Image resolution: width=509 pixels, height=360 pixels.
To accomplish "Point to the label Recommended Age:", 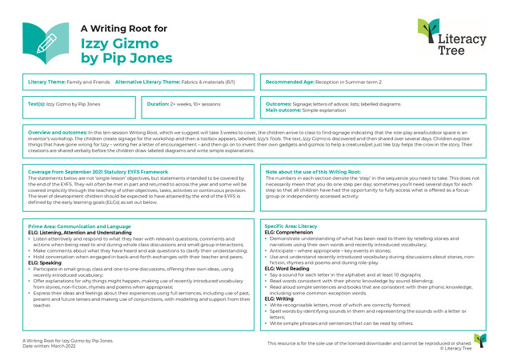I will pyautogui.click(x=290, y=82).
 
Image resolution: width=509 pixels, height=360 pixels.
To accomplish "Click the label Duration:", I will pyautogui.click(x=163, y=104).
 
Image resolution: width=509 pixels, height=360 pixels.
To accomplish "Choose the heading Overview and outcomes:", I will pyautogui.click(x=57, y=130).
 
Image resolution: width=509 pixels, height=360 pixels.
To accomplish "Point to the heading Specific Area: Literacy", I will pyautogui.click(x=291, y=226).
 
